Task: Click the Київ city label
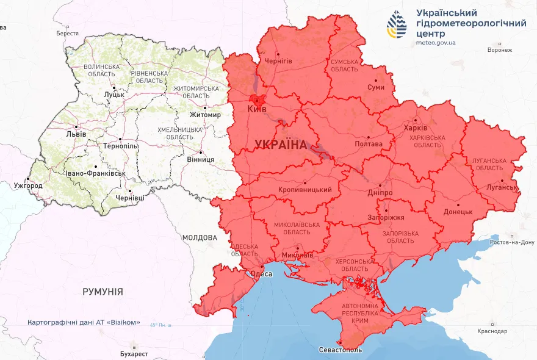[x=257, y=109]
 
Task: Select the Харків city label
[x=416, y=129]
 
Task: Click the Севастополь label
[x=341, y=350]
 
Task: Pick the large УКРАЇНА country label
[x=280, y=145]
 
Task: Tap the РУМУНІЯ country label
[x=103, y=292]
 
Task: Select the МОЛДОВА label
[x=200, y=237]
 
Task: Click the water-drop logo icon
[x=398, y=24]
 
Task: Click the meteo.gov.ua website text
[x=436, y=43]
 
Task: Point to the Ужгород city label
[x=28, y=185]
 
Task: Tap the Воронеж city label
[x=500, y=50]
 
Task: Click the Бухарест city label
[x=134, y=353]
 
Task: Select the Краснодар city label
[x=493, y=331]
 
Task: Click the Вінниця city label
[x=201, y=159]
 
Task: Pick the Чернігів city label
[x=278, y=61]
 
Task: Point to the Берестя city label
[x=67, y=34]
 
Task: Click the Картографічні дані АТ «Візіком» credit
[x=84, y=322]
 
